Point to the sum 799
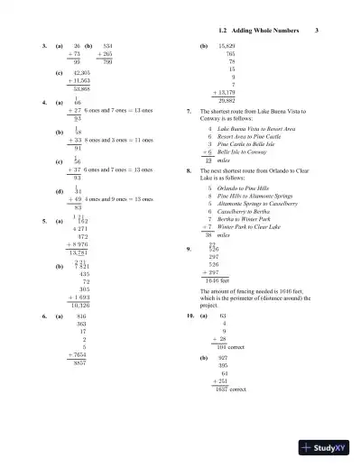[x=106, y=60]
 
